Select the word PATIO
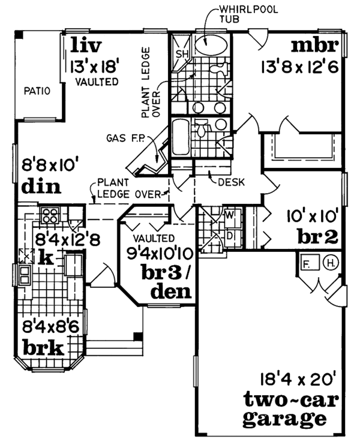[x=36, y=91]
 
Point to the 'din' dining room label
[x=41, y=187]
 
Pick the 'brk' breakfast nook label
[x=43, y=347]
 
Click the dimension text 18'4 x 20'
[x=292, y=379]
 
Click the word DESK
[x=231, y=183]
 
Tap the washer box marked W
[x=229, y=214]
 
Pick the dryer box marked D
[x=229, y=234]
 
